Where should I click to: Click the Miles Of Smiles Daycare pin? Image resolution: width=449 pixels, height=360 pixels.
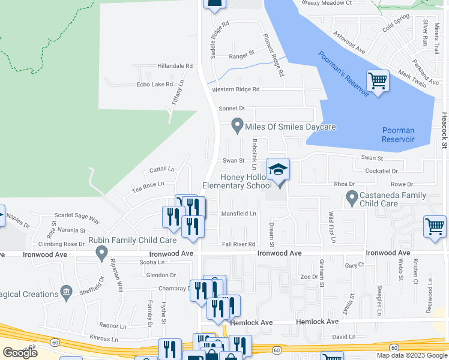(x=237, y=127)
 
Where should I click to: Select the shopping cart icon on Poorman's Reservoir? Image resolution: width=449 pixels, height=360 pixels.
(x=378, y=80)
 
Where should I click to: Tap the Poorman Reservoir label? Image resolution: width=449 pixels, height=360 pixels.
(x=398, y=135)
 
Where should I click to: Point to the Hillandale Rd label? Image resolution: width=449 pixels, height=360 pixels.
(x=175, y=66)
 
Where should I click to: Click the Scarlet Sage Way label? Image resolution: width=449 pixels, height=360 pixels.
(x=77, y=217)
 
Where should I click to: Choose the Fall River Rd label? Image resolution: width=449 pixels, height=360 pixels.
(x=239, y=244)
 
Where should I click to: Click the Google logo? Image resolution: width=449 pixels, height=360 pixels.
(x=20, y=353)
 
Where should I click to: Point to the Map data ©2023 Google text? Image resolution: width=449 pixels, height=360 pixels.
(x=412, y=355)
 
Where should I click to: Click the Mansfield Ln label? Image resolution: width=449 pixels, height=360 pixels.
(x=239, y=214)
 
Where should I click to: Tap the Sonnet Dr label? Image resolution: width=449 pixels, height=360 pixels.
(x=232, y=109)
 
